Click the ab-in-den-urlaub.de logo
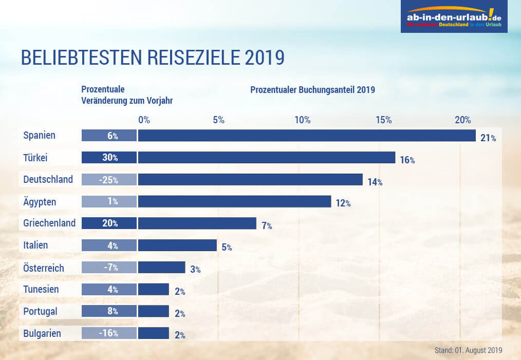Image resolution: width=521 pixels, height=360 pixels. (x=454, y=17)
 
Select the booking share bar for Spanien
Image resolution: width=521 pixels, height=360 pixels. (x=307, y=136)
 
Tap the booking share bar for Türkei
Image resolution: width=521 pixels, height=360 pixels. (x=266, y=158)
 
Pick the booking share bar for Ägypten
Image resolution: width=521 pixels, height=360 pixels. (x=234, y=201)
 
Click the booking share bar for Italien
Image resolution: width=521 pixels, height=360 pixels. (x=177, y=245)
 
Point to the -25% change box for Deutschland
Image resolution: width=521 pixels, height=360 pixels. (x=109, y=180)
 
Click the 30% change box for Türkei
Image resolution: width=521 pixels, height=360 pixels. (x=109, y=158)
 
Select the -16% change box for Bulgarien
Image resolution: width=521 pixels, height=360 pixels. (x=109, y=333)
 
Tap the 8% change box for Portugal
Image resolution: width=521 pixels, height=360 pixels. (x=109, y=311)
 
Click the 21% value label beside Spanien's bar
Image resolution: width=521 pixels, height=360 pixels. (x=488, y=138)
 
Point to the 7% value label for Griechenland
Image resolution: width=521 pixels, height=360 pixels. (x=267, y=225)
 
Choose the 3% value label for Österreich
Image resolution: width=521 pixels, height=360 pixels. (x=195, y=269)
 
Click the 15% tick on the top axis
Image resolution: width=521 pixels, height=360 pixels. (x=384, y=120)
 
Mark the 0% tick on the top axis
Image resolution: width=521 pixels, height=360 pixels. (x=144, y=120)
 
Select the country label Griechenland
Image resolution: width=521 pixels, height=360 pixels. (x=49, y=223)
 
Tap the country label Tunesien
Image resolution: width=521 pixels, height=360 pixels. (x=41, y=289)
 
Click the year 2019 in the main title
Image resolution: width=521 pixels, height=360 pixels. (x=265, y=58)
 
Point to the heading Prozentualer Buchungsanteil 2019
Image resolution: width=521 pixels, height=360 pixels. (x=312, y=90)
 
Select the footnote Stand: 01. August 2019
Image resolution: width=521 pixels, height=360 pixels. (x=468, y=350)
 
